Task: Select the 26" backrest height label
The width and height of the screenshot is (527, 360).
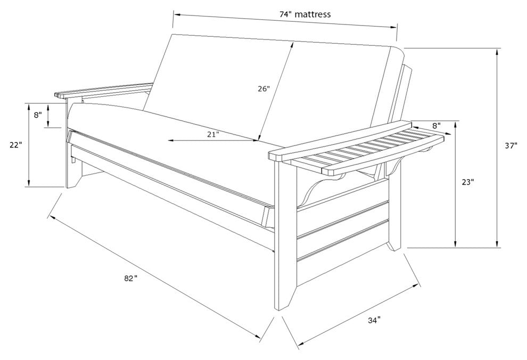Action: click(264, 89)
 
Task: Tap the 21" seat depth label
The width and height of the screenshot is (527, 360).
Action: click(213, 135)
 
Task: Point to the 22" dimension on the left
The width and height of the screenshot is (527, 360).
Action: click(15, 144)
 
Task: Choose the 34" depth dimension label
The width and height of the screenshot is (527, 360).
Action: click(374, 320)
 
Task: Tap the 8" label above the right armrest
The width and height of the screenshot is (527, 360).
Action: click(436, 126)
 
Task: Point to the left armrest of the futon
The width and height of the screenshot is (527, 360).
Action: click(104, 90)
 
